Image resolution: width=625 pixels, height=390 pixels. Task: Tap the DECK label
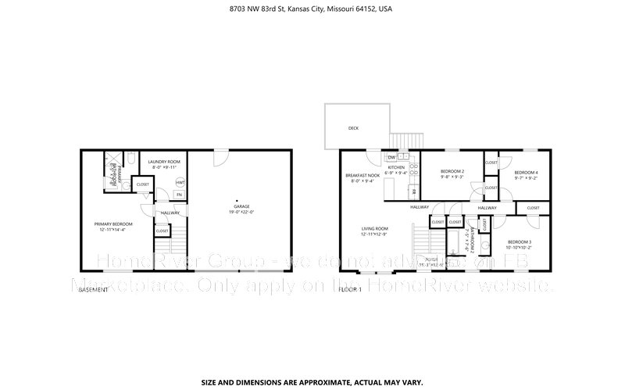point(353,127)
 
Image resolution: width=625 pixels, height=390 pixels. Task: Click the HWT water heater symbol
point(180,183)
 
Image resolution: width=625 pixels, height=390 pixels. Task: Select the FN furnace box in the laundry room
point(179,195)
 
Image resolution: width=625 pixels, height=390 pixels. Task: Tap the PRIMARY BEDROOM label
point(109,224)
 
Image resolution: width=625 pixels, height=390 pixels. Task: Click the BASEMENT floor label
point(93,289)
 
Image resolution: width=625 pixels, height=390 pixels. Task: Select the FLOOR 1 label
point(350,289)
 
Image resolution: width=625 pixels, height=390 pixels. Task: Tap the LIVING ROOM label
point(375,228)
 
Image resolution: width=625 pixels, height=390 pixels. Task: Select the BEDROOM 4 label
point(526,172)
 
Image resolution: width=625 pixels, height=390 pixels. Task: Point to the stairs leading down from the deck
point(402,139)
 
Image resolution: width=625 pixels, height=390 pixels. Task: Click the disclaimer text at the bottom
point(312,383)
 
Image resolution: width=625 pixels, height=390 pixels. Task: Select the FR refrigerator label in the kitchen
point(414,190)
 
